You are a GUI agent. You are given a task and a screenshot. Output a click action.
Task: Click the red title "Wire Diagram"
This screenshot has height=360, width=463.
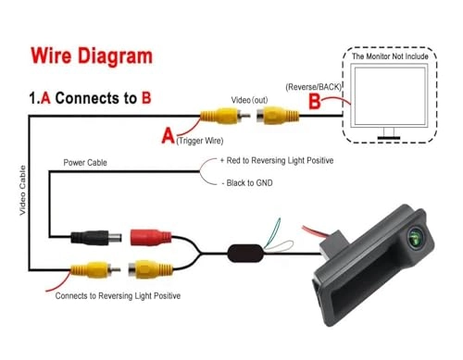[92, 56]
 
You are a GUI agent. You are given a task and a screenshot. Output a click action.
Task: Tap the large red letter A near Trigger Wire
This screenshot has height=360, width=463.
[168, 136]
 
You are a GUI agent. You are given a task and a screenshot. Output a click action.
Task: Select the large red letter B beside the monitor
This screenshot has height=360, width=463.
[315, 101]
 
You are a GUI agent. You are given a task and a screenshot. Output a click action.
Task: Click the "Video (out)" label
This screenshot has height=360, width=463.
[249, 100]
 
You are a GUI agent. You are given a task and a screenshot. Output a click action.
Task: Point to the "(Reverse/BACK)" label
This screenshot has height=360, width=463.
[313, 87]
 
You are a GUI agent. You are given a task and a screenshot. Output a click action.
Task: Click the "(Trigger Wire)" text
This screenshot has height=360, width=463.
[200, 141]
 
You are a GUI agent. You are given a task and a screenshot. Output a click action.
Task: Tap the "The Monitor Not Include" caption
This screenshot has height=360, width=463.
[390, 56]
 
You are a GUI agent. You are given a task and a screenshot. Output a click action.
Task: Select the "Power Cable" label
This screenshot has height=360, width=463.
[85, 163]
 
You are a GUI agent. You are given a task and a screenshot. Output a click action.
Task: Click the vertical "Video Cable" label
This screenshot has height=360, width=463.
[22, 191]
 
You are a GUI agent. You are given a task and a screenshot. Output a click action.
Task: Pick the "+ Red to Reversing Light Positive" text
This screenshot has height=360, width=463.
[277, 160]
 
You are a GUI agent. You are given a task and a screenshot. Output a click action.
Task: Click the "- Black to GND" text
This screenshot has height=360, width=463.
[247, 183]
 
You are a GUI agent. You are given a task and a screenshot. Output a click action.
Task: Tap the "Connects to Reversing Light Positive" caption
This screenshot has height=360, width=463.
[118, 296]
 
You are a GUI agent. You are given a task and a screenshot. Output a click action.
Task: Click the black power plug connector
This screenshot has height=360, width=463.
[96, 238]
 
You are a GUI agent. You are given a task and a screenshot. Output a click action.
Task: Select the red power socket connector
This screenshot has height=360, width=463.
[151, 238]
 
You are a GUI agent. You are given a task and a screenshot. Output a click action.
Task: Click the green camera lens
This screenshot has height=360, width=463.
[415, 238]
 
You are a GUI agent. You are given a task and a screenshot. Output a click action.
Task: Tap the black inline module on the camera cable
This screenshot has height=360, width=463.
[245, 254]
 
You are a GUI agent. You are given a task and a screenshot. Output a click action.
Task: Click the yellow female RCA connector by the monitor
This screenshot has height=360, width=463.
[278, 116]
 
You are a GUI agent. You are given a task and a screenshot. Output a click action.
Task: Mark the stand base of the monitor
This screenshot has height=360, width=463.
[389, 138]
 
